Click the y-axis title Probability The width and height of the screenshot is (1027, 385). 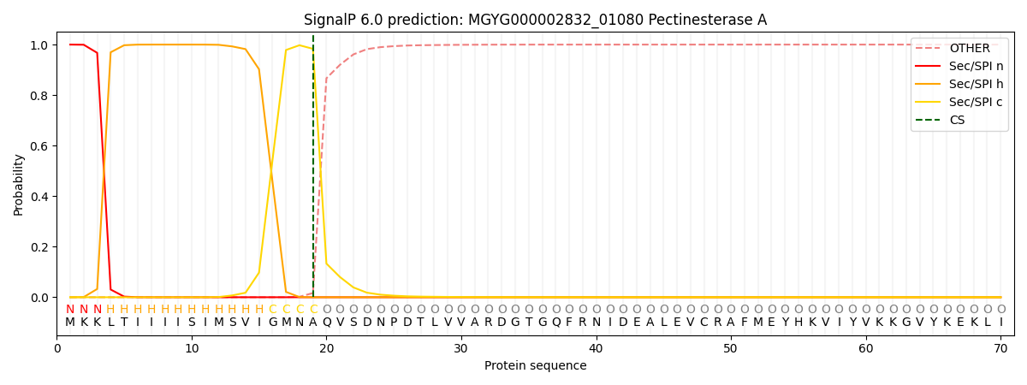pyautogui.click(x=19, y=185)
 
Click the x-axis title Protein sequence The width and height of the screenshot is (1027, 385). pyautogui.click(x=535, y=366)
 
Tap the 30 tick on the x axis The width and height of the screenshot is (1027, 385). pyautogui.click(x=461, y=348)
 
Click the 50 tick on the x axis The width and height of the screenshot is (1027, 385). pyautogui.click(x=731, y=348)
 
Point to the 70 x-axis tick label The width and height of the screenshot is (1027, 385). pyautogui.click(x=1000, y=348)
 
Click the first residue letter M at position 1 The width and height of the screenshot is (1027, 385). pyautogui.click(x=70, y=323)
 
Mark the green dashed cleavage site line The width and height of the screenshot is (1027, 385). pyautogui.click(x=313, y=171)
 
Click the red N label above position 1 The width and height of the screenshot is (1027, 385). pyautogui.click(x=70, y=310)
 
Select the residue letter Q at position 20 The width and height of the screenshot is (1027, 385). pyautogui.click(x=326, y=323)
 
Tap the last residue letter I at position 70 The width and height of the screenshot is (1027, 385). pyautogui.click(x=1000, y=323)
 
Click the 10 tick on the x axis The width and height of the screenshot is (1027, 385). pyautogui.click(x=192, y=348)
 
